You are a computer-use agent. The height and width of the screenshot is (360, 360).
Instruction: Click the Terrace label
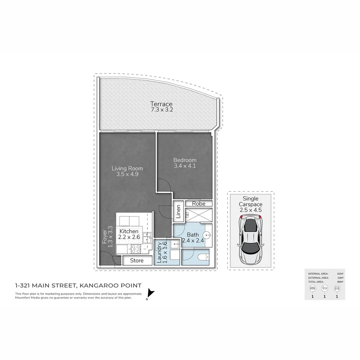click(161, 104)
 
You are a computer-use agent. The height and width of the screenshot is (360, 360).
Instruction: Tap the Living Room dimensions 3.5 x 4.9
click(127, 174)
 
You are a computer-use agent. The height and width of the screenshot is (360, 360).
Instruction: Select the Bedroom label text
click(185, 160)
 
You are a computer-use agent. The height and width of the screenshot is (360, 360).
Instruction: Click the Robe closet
click(198, 203)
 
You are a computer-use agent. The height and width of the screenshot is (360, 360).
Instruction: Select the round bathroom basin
click(208, 234)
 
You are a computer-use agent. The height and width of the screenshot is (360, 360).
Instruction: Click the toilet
click(202, 257)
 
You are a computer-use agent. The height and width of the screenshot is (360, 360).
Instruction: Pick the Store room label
click(137, 260)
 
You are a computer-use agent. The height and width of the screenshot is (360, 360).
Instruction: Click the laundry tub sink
click(175, 244)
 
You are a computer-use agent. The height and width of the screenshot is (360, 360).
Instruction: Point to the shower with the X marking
click(198, 215)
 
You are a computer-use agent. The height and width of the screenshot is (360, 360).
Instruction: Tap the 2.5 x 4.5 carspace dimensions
click(250, 210)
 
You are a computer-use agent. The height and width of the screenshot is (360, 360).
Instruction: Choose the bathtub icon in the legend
click(325, 288)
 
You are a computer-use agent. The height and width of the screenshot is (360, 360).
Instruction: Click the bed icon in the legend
click(312, 288)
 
